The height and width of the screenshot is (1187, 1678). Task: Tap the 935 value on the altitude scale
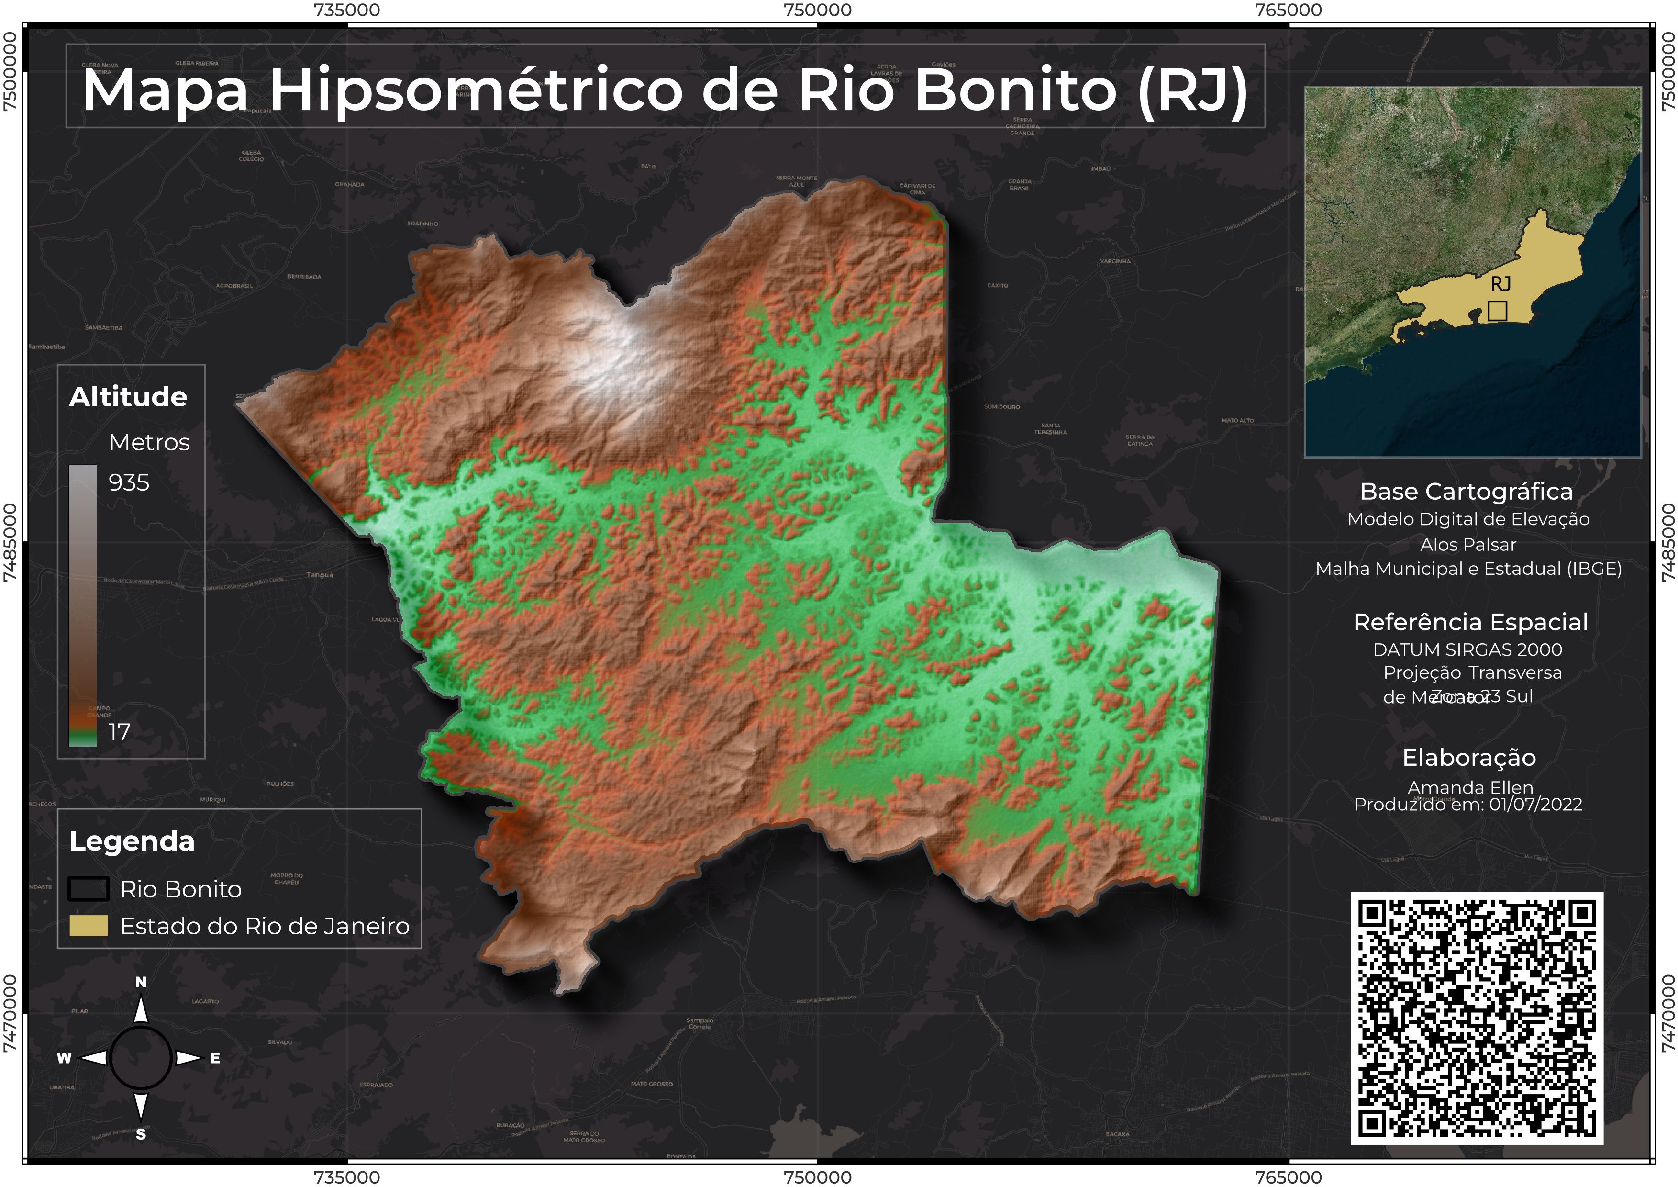click(129, 482)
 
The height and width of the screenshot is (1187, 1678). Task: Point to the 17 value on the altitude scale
click(119, 732)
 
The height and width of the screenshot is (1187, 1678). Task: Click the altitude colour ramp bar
click(83, 605)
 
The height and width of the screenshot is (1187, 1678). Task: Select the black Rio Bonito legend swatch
click(89, 889)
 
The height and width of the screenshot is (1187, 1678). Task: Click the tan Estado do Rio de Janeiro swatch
click(89, 926)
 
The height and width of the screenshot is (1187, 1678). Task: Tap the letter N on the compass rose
click(141, 982)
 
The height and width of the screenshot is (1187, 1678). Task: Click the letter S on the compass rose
click(141, 1134)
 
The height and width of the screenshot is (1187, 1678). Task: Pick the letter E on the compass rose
click(215, 1058)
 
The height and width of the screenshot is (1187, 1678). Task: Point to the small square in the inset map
click(1498, 311)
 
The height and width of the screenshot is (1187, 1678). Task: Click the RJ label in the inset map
click(1500, 284)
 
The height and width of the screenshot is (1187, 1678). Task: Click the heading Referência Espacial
click(1470, 622)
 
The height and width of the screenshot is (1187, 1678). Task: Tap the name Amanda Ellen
click(1470, 787)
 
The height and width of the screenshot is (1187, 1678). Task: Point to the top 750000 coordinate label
click(817, 10)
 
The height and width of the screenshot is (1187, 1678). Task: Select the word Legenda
click(132, 841)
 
